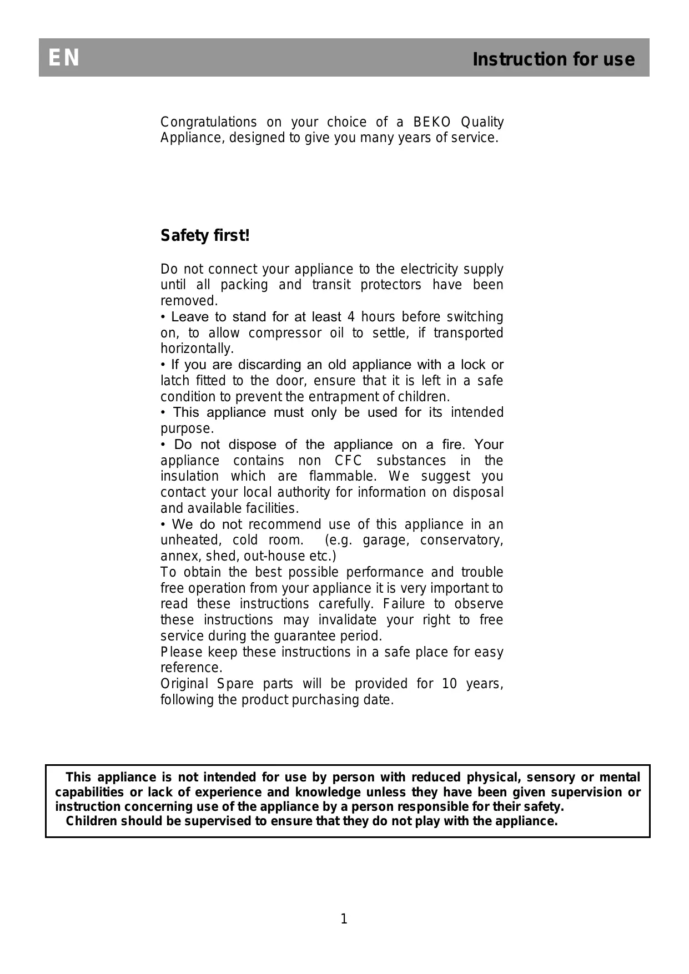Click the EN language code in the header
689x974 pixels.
tap(64, 58)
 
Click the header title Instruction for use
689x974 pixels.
tap(553, 59)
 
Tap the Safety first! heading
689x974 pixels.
tap(205, 236)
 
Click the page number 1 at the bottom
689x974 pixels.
tap(344, 919)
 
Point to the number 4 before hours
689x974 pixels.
tap(351, 317)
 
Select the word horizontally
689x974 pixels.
tap(197, 349)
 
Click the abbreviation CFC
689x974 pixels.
tap(348, 461)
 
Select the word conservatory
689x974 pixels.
tap(461, 540)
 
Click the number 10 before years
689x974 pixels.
tap(450, 684)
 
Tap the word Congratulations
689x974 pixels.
tap(208, 122)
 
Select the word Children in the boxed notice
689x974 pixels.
tap(92, 821)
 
